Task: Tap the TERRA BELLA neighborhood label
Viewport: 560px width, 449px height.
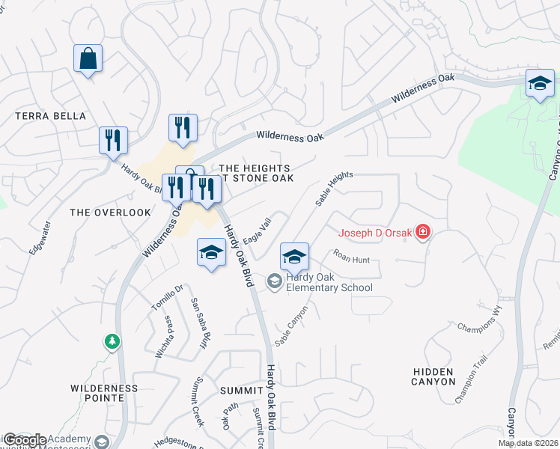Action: pyautogui.click(x=51, y=116)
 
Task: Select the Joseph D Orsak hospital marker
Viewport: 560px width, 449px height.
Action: pyautogui.click(x=424, y=233)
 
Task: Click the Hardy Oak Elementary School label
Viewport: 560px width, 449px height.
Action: pyautogui.click(x=323, y=282)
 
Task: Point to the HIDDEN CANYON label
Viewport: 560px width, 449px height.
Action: pyautogui.click(x=433, y=376)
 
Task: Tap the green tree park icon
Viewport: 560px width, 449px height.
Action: pyautogui.click(x=112, y=341)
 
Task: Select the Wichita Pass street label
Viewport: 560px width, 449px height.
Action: pyautogui.click(x=163, y=337)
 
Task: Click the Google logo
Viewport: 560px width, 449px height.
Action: pyautogui.click(x=25, y=440)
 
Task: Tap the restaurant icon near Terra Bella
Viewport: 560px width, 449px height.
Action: pyautogui.click(x=113, y=140)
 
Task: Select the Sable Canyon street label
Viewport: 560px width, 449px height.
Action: pyautogui.click(x=291, y=326)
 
